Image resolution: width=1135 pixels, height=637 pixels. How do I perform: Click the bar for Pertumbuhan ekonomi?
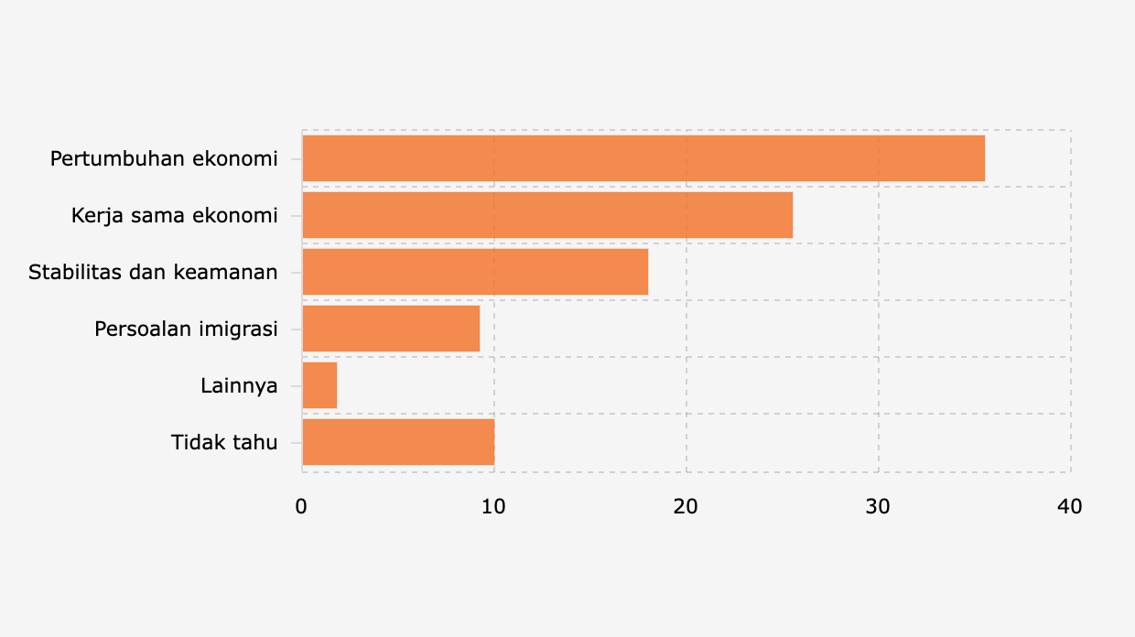[x=643, y=158]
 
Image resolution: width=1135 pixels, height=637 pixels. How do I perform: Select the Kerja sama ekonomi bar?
[x=547, y=215]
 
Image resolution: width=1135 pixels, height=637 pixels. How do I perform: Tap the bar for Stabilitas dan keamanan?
[x=475, y=272]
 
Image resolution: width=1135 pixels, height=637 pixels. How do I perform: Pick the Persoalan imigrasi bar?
[x=391, y=329]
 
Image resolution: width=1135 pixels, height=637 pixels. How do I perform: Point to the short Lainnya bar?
[x=319, y=385]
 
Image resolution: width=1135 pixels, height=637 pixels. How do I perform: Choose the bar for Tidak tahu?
[x=398, y=442]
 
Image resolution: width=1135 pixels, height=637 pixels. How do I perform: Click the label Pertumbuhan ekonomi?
[x=164, y=158]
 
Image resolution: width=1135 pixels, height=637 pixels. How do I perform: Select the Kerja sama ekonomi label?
[x=175, y=216]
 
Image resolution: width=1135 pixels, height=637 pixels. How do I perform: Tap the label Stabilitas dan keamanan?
[x=153, y=272]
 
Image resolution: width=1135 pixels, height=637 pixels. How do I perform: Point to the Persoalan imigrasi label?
[x=186, y=329]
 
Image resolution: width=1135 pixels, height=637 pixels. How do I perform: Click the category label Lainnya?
[x=239, y=385]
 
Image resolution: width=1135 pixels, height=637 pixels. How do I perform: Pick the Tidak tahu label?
[x=224, y=442]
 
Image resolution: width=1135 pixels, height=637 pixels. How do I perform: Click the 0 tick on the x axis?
[x=301, y=507]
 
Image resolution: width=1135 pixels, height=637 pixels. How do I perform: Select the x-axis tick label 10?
[x=494, y=507]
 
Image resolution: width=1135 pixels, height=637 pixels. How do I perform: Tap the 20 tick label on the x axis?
[x=686, y=507]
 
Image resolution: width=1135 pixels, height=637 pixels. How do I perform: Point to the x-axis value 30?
[x=878, y=507]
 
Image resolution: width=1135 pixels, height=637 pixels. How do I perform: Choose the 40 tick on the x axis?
[x=1069, y=507]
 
